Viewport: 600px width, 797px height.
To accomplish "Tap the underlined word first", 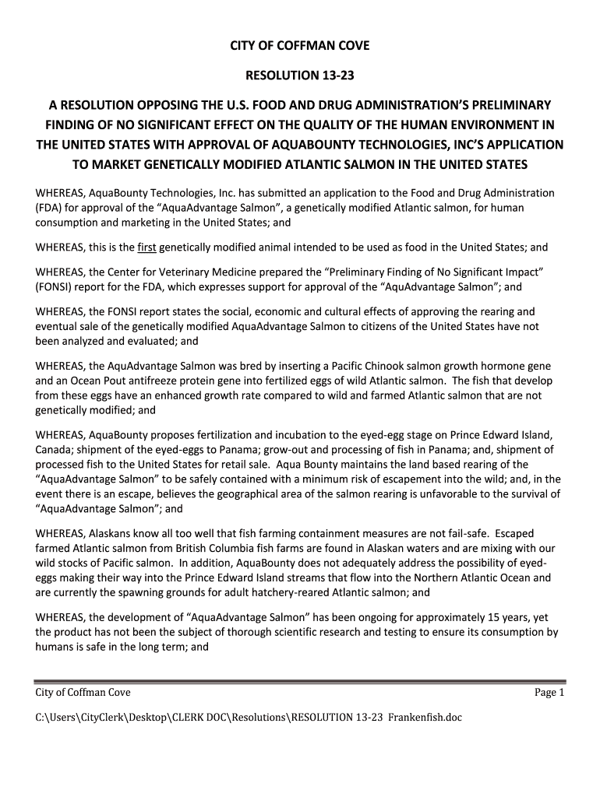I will click(147, 248).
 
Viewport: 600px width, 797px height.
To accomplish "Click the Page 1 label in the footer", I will click(549, 693).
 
